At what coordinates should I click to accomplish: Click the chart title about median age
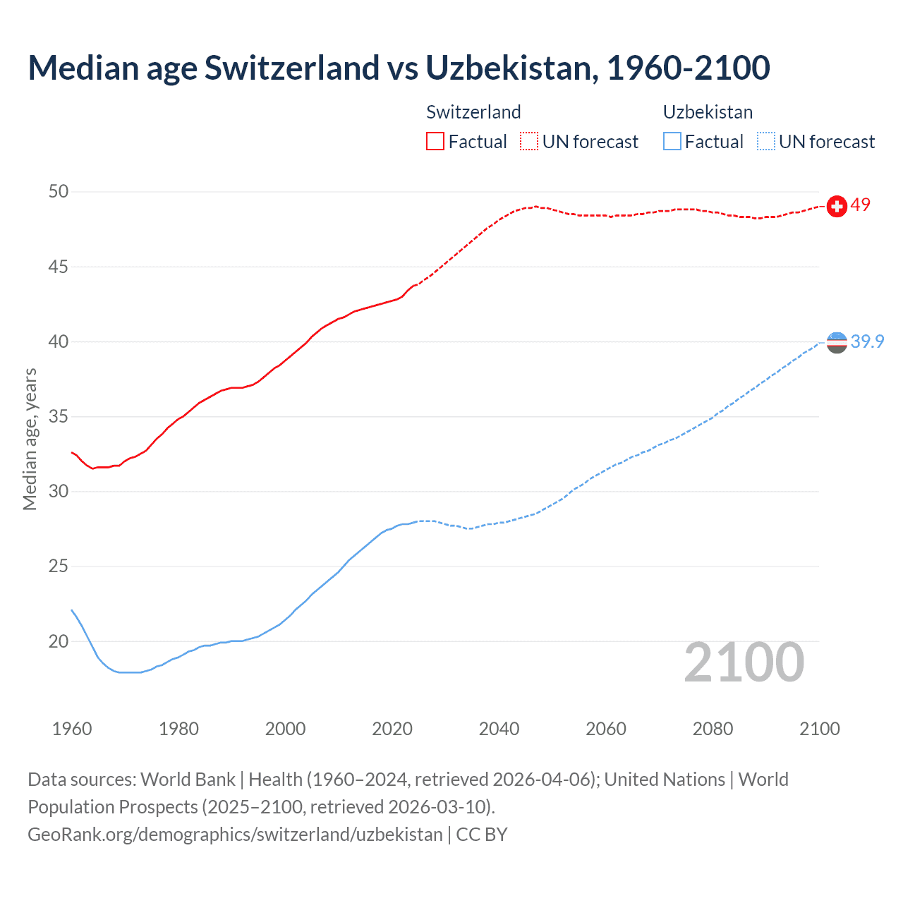click(399, 68)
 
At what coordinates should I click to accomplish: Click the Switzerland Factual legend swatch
click(435, 142)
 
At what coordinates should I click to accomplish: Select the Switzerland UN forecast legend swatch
click(529, 142)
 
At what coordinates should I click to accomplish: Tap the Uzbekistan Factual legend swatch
click(672, 142)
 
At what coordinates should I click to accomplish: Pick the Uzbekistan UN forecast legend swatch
click(766, 142)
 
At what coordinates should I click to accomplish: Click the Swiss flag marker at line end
click(837, 206)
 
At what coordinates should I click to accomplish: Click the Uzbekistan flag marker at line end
click(837, 342)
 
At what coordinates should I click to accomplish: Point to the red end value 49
click(861, 205)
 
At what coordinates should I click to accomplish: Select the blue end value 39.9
click(867, 341)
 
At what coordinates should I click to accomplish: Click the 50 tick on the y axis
click(59, 192)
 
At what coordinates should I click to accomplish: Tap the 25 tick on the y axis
click(59, 566)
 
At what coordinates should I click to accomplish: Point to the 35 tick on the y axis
click(59, 417)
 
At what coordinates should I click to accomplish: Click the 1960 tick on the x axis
click(72, 729)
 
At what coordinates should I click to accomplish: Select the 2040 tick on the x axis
click(499, 729)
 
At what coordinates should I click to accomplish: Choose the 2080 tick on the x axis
click(713, 729)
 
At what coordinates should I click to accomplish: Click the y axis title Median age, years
click(30, 439)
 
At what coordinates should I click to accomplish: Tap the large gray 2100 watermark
click(744, 662)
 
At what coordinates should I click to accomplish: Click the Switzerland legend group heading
click(473, 112)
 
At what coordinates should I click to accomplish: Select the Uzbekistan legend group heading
click(708, 112)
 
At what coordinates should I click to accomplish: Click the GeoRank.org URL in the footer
click(235, 834)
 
